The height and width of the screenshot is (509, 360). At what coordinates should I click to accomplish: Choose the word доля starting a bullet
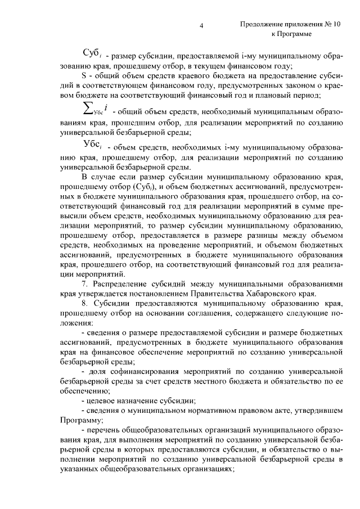96,372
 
